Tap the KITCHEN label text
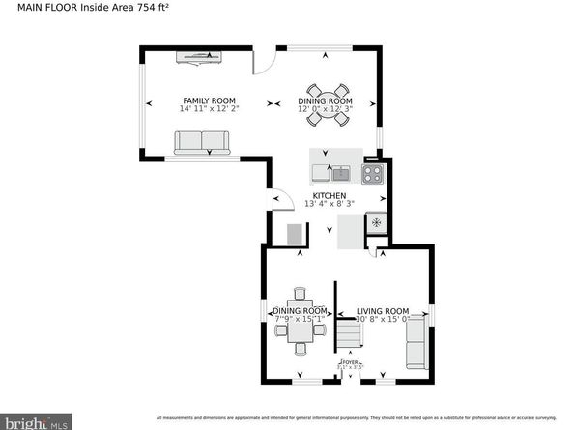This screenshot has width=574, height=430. point(330,195)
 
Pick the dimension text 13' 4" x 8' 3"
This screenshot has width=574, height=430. point(330,204)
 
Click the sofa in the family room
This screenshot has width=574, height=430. point(202,144)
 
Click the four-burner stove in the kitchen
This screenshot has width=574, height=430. point(372,174)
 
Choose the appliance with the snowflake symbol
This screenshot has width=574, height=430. point(375,224)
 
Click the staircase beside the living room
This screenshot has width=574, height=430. point(348,335)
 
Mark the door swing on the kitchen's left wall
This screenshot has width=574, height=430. point(282,199)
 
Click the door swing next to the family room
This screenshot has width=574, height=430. point(262,62)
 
